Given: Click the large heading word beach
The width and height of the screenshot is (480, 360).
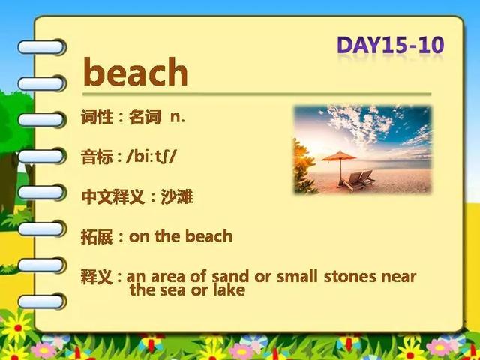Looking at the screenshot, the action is pyautogui.click(x=135, y=72).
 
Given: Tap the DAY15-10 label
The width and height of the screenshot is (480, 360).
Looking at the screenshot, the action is pyautogui.click(x=390, y=46).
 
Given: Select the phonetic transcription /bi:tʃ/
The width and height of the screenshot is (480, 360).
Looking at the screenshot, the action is pyautogui.click(x=151, y=157).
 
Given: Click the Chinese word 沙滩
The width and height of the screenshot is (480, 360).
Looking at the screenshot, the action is pyautogui.click(x=177, y=196).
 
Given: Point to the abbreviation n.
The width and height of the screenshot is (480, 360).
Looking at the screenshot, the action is pyautogui.click(x=178, y=118).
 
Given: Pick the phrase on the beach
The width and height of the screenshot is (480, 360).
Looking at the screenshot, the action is pyautogui.click(x=181, y=236).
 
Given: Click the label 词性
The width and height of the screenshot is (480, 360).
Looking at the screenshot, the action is pyautogui.click(x=97, y=117).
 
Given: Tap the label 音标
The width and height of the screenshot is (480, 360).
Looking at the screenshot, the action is pyautogui.click(x=97, y=157).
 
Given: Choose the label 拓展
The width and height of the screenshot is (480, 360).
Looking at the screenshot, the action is pyautogui.click(x=97, y=237).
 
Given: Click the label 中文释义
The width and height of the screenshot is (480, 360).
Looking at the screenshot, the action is pyautogui.click(x=112, y=197).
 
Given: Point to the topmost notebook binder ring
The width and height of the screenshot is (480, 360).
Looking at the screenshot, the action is pyautogui.click(x=42, y=47).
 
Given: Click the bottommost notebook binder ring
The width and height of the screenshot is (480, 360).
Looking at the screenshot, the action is pyautogui.click(x=42, y=301).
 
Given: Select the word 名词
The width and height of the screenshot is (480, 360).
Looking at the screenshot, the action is pyautogui.click(x=145, y=117).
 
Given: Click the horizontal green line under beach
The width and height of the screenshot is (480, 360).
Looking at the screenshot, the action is pyautogui.click(x=256, y=94).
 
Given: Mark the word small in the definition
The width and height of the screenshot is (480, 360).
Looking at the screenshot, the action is pyautogui.click(x=297, y=277).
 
